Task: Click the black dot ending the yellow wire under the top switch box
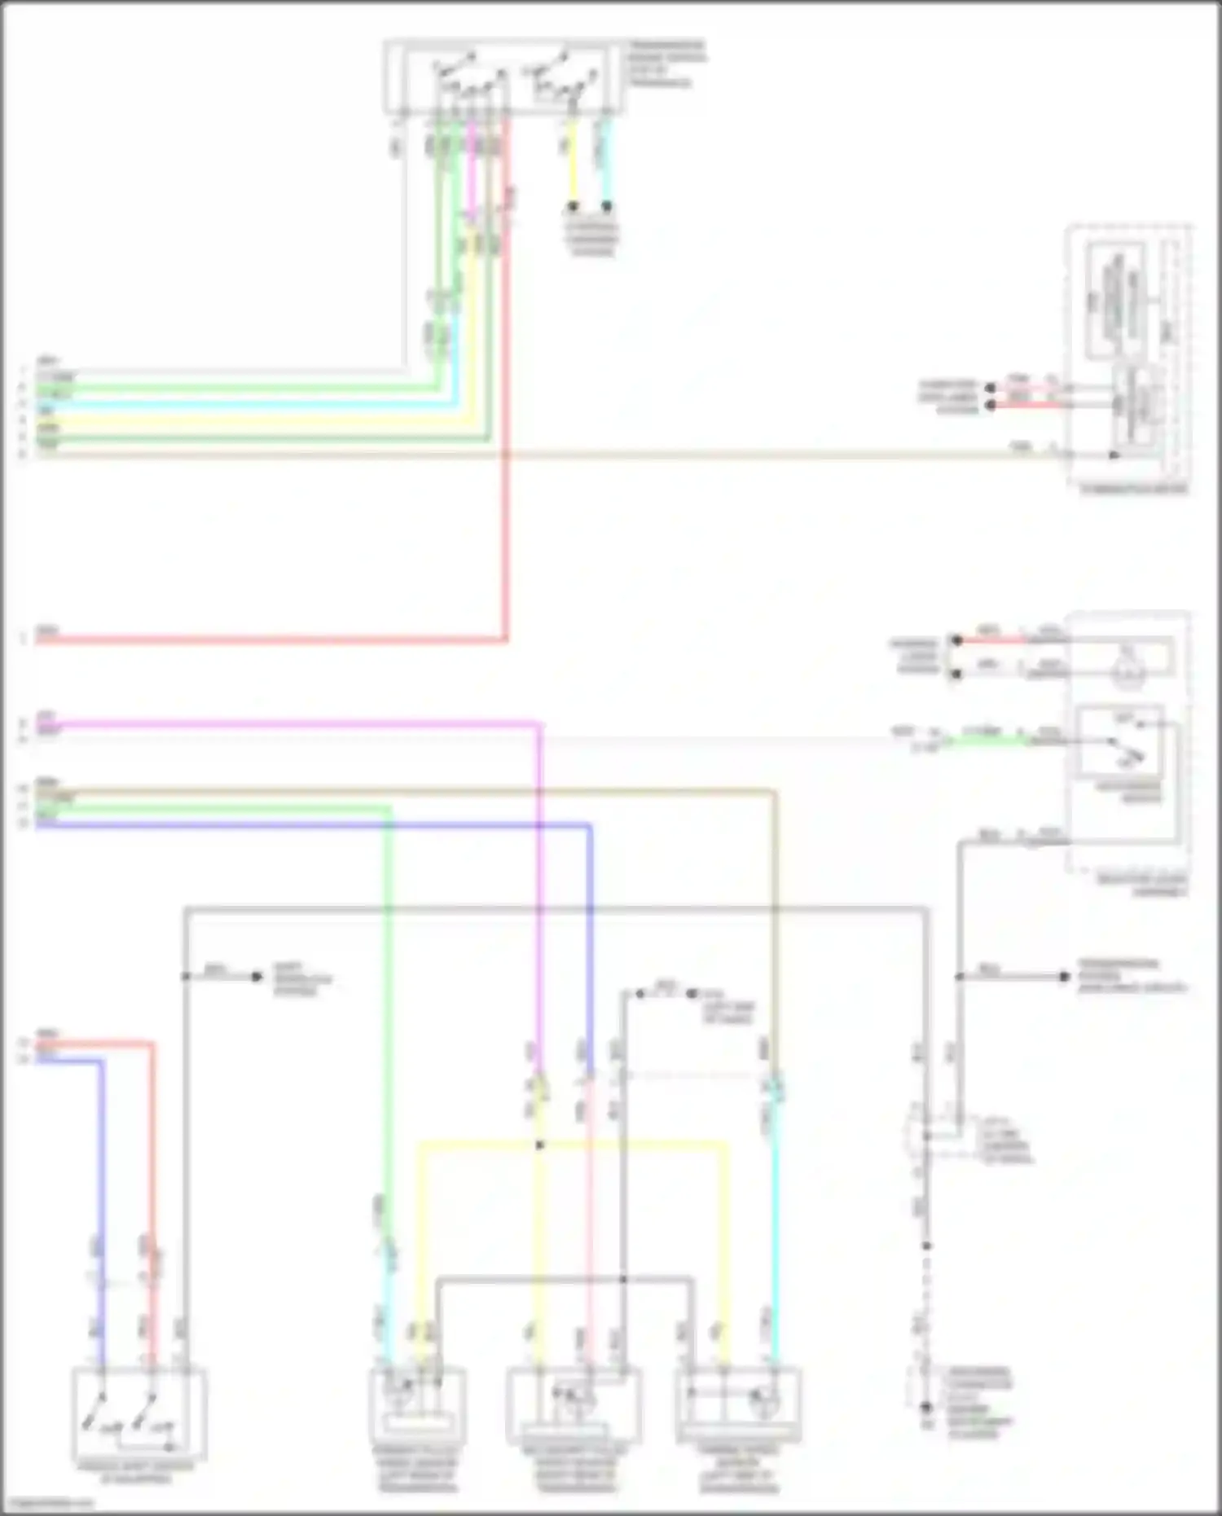click(x=573, y=206)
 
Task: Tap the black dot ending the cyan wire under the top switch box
click(x=607, y=206)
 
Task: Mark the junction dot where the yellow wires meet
click(x=539, y=1145)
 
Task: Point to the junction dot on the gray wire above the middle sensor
click(x=623, y=1279)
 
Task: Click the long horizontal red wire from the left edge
click(x=269, y=639)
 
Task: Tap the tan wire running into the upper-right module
click(x=733, y=455)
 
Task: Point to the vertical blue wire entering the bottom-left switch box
click(x=102, y=1181)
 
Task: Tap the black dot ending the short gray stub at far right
click(x=1064, y=976)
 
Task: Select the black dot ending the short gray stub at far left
click(x=257, y=976)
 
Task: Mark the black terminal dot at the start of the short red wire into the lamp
click(x=956, y=640)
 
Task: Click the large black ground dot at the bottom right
click(x=925, y=1407)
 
